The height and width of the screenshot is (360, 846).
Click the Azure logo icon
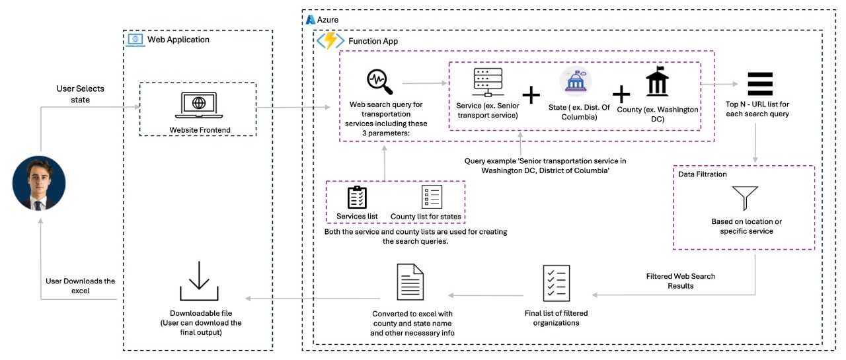pyautogui.click(x=311, y=20)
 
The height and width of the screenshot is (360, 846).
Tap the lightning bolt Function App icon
pyautogui.click(x=330, y=41)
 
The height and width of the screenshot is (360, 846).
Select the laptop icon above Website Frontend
pyautogui.click(x=199, y=105)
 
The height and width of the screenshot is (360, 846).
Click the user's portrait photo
pyautogui.click(x=39, y=183)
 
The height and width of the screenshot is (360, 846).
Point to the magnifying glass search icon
pyautogui.click(x=379, y=81)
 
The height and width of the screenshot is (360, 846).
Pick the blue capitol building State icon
pyautogui.click(x=576, y=81)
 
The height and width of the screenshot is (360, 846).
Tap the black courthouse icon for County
pyautogui.click(x=657, y=81)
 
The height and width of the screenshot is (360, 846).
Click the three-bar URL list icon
pyautogui.click(x=760, y=84)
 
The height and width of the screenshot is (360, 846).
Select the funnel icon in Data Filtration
pyautogui.click(x=745, y=198)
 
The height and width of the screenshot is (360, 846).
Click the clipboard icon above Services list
pyautogui.click(x=357, y=197)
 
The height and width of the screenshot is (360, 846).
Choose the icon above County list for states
pyautogui.click(x=432, y=196)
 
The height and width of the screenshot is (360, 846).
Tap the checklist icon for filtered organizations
pyautogui.click(x=557, y=283)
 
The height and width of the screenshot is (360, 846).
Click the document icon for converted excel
pyautogui.click(x=410, y=282)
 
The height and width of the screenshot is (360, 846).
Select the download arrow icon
pyautogui.click(x=199, y=281)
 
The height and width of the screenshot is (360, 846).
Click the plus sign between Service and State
pyautogui.click(x=531, y=94)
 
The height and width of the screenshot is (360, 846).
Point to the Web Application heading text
pyautogui.click(x=178, y=40)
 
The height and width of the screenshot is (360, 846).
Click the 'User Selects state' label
pyautogui.click(x=81, y=94)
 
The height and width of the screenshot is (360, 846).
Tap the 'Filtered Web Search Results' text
pyautogui.click(x=681, y=281)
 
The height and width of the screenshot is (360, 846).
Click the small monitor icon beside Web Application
pyautogui.click(x=135, y=40)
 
